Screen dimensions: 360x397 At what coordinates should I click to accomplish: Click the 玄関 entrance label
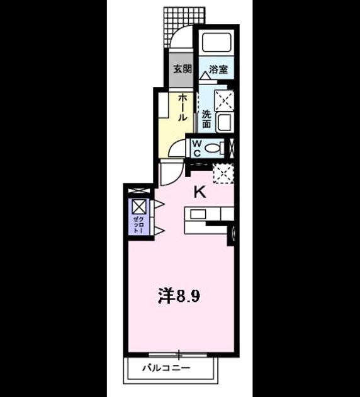click(x=183, y=69)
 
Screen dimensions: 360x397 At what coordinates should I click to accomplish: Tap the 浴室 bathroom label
click(x=218, y=69)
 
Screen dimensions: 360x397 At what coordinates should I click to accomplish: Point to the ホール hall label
click(x=182, y=108)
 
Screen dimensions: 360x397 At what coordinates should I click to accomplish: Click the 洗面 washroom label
click(x=206, y=119)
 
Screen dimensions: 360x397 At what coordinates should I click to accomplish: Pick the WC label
click(x=197, y=148)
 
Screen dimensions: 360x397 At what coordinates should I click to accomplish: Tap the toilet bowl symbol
click(x=212, y=148)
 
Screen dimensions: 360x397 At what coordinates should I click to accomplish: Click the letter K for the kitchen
click(x=200, y=193)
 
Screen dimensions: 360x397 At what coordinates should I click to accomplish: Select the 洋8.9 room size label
click(x=179, y=296)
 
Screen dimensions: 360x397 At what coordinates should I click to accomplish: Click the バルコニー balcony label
click(x=166, y=367)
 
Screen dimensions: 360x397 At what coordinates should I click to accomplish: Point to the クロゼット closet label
click(x=139, y=224)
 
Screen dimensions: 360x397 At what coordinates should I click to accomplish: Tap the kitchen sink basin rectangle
click(x=198, y=214)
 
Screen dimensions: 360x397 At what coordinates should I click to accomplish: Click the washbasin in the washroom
click(x=224, y=122)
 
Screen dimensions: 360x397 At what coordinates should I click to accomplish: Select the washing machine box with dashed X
click(x=224, y=101)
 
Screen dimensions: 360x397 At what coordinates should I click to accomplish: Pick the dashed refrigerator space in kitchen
click(x=223, y=174)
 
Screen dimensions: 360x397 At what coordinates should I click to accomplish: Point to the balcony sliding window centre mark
click(x=179, y=354)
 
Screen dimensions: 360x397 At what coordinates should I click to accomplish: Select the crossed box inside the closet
click(x=139, y=206)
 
